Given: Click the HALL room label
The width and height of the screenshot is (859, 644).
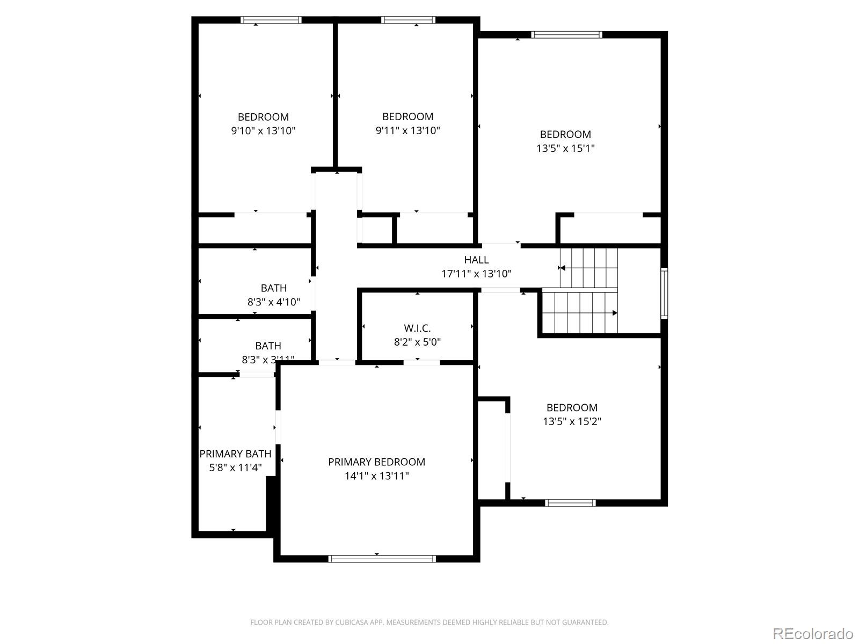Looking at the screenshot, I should [476, 260].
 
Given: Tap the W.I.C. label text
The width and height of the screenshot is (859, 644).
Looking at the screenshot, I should [417, 328].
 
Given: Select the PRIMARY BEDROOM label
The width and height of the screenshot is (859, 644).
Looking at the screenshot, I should [376, 462].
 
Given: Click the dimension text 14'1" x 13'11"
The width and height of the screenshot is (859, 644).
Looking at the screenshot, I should [376, 475].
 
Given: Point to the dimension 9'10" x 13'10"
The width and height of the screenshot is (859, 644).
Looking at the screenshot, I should [263, 130].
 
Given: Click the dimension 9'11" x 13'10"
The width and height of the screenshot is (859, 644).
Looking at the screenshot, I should [407, 130].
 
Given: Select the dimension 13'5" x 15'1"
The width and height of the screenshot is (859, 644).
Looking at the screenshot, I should [565, 148].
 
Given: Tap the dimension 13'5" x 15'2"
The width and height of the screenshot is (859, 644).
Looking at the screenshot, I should [572, 421].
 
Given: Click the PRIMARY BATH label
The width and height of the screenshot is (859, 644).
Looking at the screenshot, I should [235, 453].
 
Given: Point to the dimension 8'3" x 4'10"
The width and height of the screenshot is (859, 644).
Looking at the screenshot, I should [273, 302].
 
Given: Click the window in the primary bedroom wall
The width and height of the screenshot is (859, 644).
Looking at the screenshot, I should [382, 559].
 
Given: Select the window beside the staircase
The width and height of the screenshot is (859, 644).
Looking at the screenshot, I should [664, 294].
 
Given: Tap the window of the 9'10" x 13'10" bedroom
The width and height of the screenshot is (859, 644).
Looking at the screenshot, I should [271, 20].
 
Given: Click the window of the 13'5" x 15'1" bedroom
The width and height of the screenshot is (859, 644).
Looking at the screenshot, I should [566, 35].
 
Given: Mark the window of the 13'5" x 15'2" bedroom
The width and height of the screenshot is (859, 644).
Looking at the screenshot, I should [570, 503].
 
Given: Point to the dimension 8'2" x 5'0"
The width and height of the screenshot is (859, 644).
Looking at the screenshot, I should [417, 342].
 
